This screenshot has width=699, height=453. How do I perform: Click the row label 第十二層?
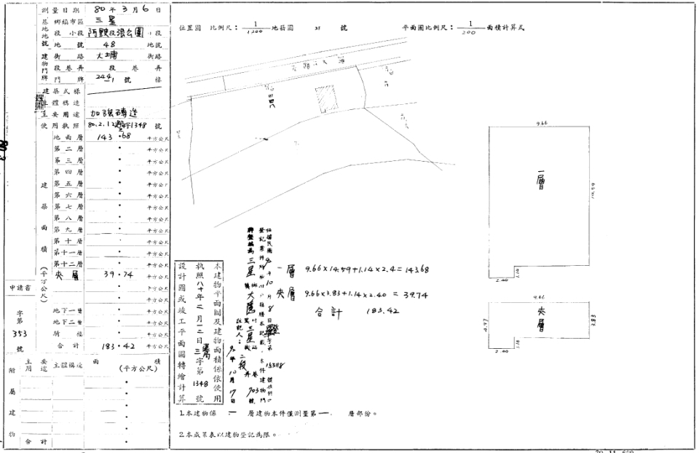point(68,264)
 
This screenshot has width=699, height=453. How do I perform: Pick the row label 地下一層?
point(68,311)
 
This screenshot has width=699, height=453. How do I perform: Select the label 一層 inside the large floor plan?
point(540,178)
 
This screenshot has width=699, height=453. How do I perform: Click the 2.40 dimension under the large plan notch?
point(500,279)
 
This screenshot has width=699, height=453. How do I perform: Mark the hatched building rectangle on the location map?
point(325,98)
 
